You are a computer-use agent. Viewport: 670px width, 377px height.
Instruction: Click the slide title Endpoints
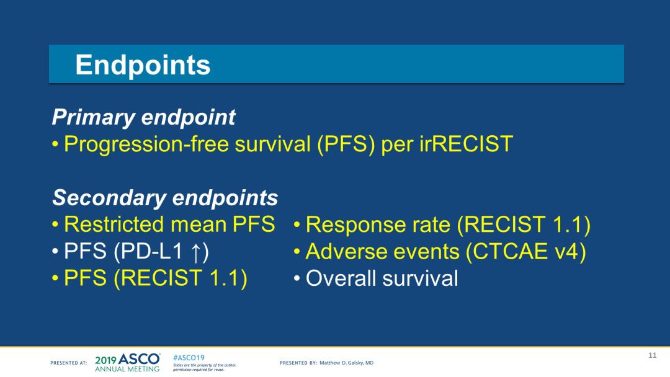pyautogui.click(x=143, y=65)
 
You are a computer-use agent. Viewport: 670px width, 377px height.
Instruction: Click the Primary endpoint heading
pyautogui.click(x=143, y=117)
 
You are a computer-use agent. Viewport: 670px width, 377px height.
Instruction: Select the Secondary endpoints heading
pyautogui.click(x=165, y=198)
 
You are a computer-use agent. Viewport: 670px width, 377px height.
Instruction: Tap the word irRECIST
pyautogui.click(x=466, y=144)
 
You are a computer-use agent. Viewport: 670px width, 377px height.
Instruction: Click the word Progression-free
pyautogui.click(x=146, y=144)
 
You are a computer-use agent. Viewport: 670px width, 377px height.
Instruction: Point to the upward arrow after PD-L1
pyautogui.click(x=195, y=252)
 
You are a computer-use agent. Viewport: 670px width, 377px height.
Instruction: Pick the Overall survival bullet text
pyautogui.click(x=382, y=278)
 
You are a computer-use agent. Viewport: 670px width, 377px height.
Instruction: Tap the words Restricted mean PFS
pyautogui.click(x=169, y=224)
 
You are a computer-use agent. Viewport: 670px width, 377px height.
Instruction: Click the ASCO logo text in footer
pyautogui.click(x=139, y=359)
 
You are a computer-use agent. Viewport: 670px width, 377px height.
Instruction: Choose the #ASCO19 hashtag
pyautogui.click(x=189, y=358)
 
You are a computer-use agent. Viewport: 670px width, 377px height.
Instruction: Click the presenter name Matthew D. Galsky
pyautogui.click(x=347, y=363)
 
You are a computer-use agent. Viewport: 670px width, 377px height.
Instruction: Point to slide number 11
pyautogui.click(x=652, y=355)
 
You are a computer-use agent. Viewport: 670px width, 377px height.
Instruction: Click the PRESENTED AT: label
pyautogui.click(x=68, y=363)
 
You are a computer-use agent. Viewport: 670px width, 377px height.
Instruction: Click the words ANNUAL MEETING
pyautogui.click(x=127, y=369)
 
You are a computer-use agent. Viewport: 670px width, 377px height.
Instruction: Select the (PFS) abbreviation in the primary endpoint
pyautogui.click(x=346, y=144)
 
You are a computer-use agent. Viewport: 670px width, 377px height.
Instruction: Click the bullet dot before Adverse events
pyautogui.click(x=297, y=252)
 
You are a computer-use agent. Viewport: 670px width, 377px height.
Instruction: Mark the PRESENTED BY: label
pyautogui.click(x=298, y=363)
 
